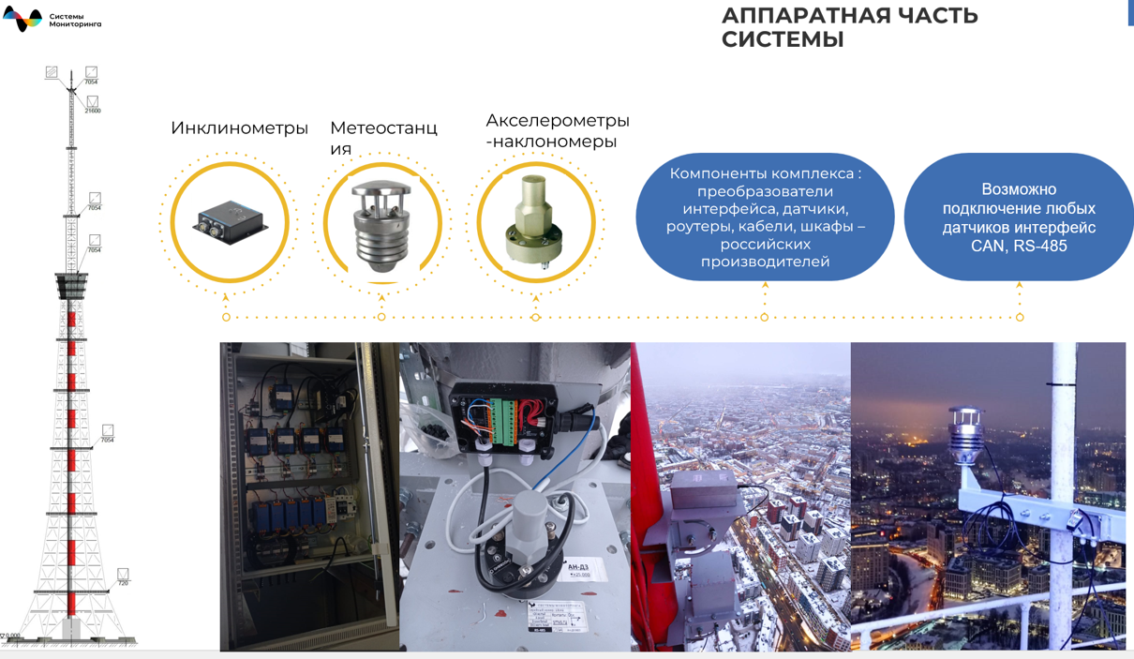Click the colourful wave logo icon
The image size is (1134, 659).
(x=22, y=19)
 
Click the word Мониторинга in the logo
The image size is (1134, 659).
(x=75, y=24)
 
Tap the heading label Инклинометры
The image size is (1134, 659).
(x=239, y=128)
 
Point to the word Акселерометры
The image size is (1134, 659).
(x=557, y=121)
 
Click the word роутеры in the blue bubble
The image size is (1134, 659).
(x=697, y=226)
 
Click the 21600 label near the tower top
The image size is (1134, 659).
(x=93, y=111)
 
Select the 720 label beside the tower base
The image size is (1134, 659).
(x=123, y=583)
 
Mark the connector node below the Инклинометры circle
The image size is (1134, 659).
(x=227, y=317)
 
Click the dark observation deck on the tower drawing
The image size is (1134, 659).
(x=71, y=283)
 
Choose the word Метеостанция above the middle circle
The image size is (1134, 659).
(x=383, y=138)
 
